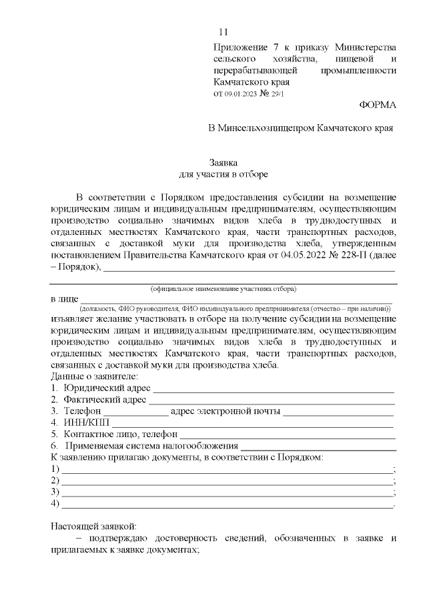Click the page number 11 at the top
(x=224, y=32)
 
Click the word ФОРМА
(x=377, y=105)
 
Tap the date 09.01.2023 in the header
(x=239, y=94)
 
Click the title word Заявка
(x=224, y=162)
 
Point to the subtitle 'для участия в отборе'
(x=224, y=174)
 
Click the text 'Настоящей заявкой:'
(x=93, y=527)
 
